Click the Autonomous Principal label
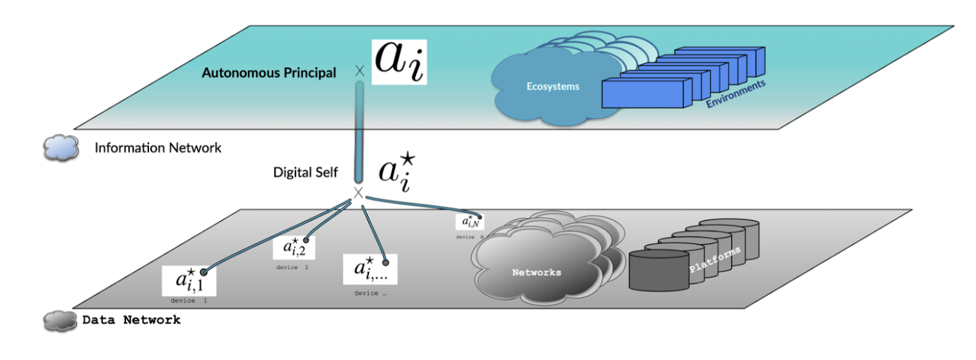tap(268, 73)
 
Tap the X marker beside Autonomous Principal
tap(359, 71)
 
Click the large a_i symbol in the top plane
tap(399, 62)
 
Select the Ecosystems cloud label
tap(553, 86)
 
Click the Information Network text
tap(158, 148)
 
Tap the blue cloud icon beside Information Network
tap(61, 148)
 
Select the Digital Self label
tap(305, 173)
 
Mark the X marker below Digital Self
tap(358, 193)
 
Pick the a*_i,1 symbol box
tap(189, 281)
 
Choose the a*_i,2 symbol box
tap(294, 247)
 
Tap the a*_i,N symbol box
tap(469, 222)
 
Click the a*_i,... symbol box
tap(369, 269)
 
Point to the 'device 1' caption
tap(188, 300)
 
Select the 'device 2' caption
tap(292, 268)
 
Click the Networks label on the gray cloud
tap(536, 272)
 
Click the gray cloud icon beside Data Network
tap(60, 321)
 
